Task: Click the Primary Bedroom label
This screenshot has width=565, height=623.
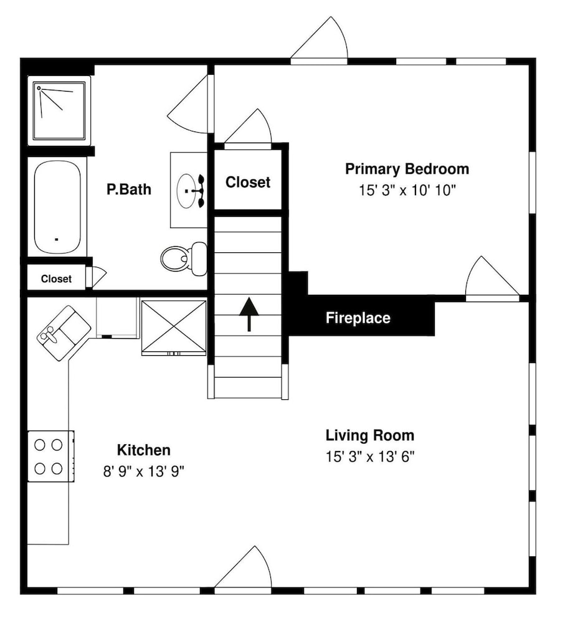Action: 407,169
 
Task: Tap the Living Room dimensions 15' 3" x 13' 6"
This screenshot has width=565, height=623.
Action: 370,457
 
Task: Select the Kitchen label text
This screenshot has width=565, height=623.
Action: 144,450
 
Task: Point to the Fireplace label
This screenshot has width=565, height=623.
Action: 358,318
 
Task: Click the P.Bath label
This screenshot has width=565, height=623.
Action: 129,189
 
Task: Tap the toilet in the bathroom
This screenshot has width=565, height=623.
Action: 184,259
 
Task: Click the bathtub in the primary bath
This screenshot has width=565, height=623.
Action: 57,207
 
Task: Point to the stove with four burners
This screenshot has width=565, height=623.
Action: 51,457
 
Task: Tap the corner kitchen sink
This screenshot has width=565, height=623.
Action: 64,333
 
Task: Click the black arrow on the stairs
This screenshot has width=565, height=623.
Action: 249,314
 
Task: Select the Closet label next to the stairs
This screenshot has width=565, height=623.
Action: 248,183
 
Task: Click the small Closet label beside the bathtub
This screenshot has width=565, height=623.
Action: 56,279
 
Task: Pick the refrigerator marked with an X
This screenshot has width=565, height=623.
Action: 174,327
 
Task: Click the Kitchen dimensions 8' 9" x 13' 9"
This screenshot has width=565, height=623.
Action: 144,472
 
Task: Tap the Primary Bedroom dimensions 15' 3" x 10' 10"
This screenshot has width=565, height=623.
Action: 407,191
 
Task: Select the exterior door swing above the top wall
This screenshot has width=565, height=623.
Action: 320,40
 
